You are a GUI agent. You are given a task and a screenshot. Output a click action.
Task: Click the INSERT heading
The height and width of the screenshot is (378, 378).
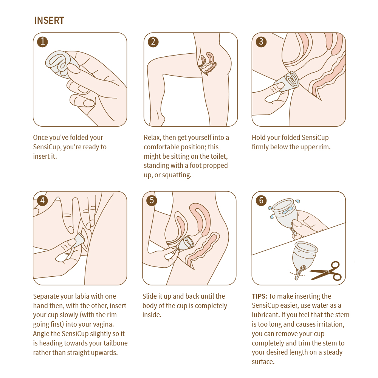(x=49, y=20)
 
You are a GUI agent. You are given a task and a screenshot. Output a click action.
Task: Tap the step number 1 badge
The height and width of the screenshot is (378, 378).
(x=42, y=42)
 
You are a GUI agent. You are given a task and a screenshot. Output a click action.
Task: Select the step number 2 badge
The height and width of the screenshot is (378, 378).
(x=153, y=42)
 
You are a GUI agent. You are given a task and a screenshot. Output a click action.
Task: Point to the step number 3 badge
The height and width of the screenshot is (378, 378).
(x=261, y=42)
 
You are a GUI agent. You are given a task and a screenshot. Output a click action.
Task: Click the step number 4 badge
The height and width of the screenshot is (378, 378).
(x=42, y=200)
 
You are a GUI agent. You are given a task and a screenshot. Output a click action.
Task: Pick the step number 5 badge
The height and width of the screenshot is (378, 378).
(x=152, y=200)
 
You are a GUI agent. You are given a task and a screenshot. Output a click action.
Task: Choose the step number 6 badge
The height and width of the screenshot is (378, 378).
(x=261, y=200)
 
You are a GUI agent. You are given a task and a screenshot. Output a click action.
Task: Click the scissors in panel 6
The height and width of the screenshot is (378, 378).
(x=326, y=271)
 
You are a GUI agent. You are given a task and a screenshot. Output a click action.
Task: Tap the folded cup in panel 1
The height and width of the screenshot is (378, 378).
(x=62, y=63)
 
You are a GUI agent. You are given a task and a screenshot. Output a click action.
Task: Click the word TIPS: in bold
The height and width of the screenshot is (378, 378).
(x=259, y=296)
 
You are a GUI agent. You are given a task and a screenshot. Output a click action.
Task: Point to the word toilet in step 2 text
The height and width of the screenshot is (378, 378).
(x=218, y=156)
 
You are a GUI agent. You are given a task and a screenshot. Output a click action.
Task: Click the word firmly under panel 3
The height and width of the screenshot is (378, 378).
(x=260, y=147)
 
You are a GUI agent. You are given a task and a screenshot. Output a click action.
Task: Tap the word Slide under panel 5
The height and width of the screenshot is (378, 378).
(x=149, y=296)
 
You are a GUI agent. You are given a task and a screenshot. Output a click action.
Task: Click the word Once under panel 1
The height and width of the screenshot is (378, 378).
(x=40, y=138)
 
